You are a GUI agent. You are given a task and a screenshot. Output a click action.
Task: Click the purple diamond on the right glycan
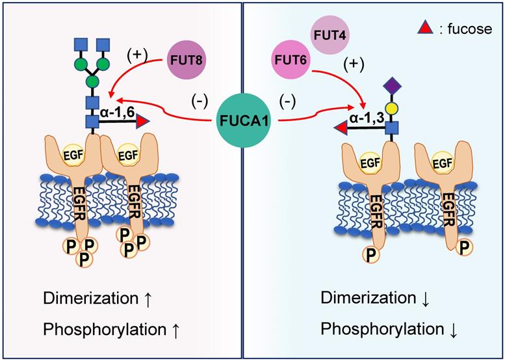click(x=391, y=85)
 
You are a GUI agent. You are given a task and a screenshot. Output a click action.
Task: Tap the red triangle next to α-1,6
click(x=142, y=122)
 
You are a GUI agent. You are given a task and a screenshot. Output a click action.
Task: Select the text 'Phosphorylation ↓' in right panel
click(x=390, y=329)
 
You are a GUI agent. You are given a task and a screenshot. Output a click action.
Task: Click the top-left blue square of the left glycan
click(x=79, y=44)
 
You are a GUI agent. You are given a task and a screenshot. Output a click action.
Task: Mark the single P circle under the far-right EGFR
click(x=463, y=248)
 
